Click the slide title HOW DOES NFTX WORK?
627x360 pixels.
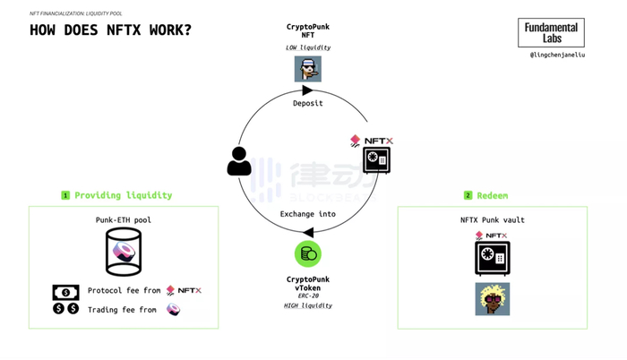[x=110, y=30]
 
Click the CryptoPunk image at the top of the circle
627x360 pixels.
[x=308, y=69]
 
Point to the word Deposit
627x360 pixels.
[x=308, y=103]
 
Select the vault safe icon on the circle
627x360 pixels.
[x=376, y=161]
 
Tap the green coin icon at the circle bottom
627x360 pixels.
[x=308, y=253]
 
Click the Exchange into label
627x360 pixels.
[x=308, y=214]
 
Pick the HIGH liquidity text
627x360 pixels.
[x=308, y=306]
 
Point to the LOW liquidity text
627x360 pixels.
[x=308, y=46]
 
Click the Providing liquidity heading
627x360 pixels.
[x=123, y=195]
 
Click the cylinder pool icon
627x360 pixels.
[x=124, y=251]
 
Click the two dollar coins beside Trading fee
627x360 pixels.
[x=65, y=310]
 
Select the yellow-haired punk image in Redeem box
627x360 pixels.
[x=492, y=299]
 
